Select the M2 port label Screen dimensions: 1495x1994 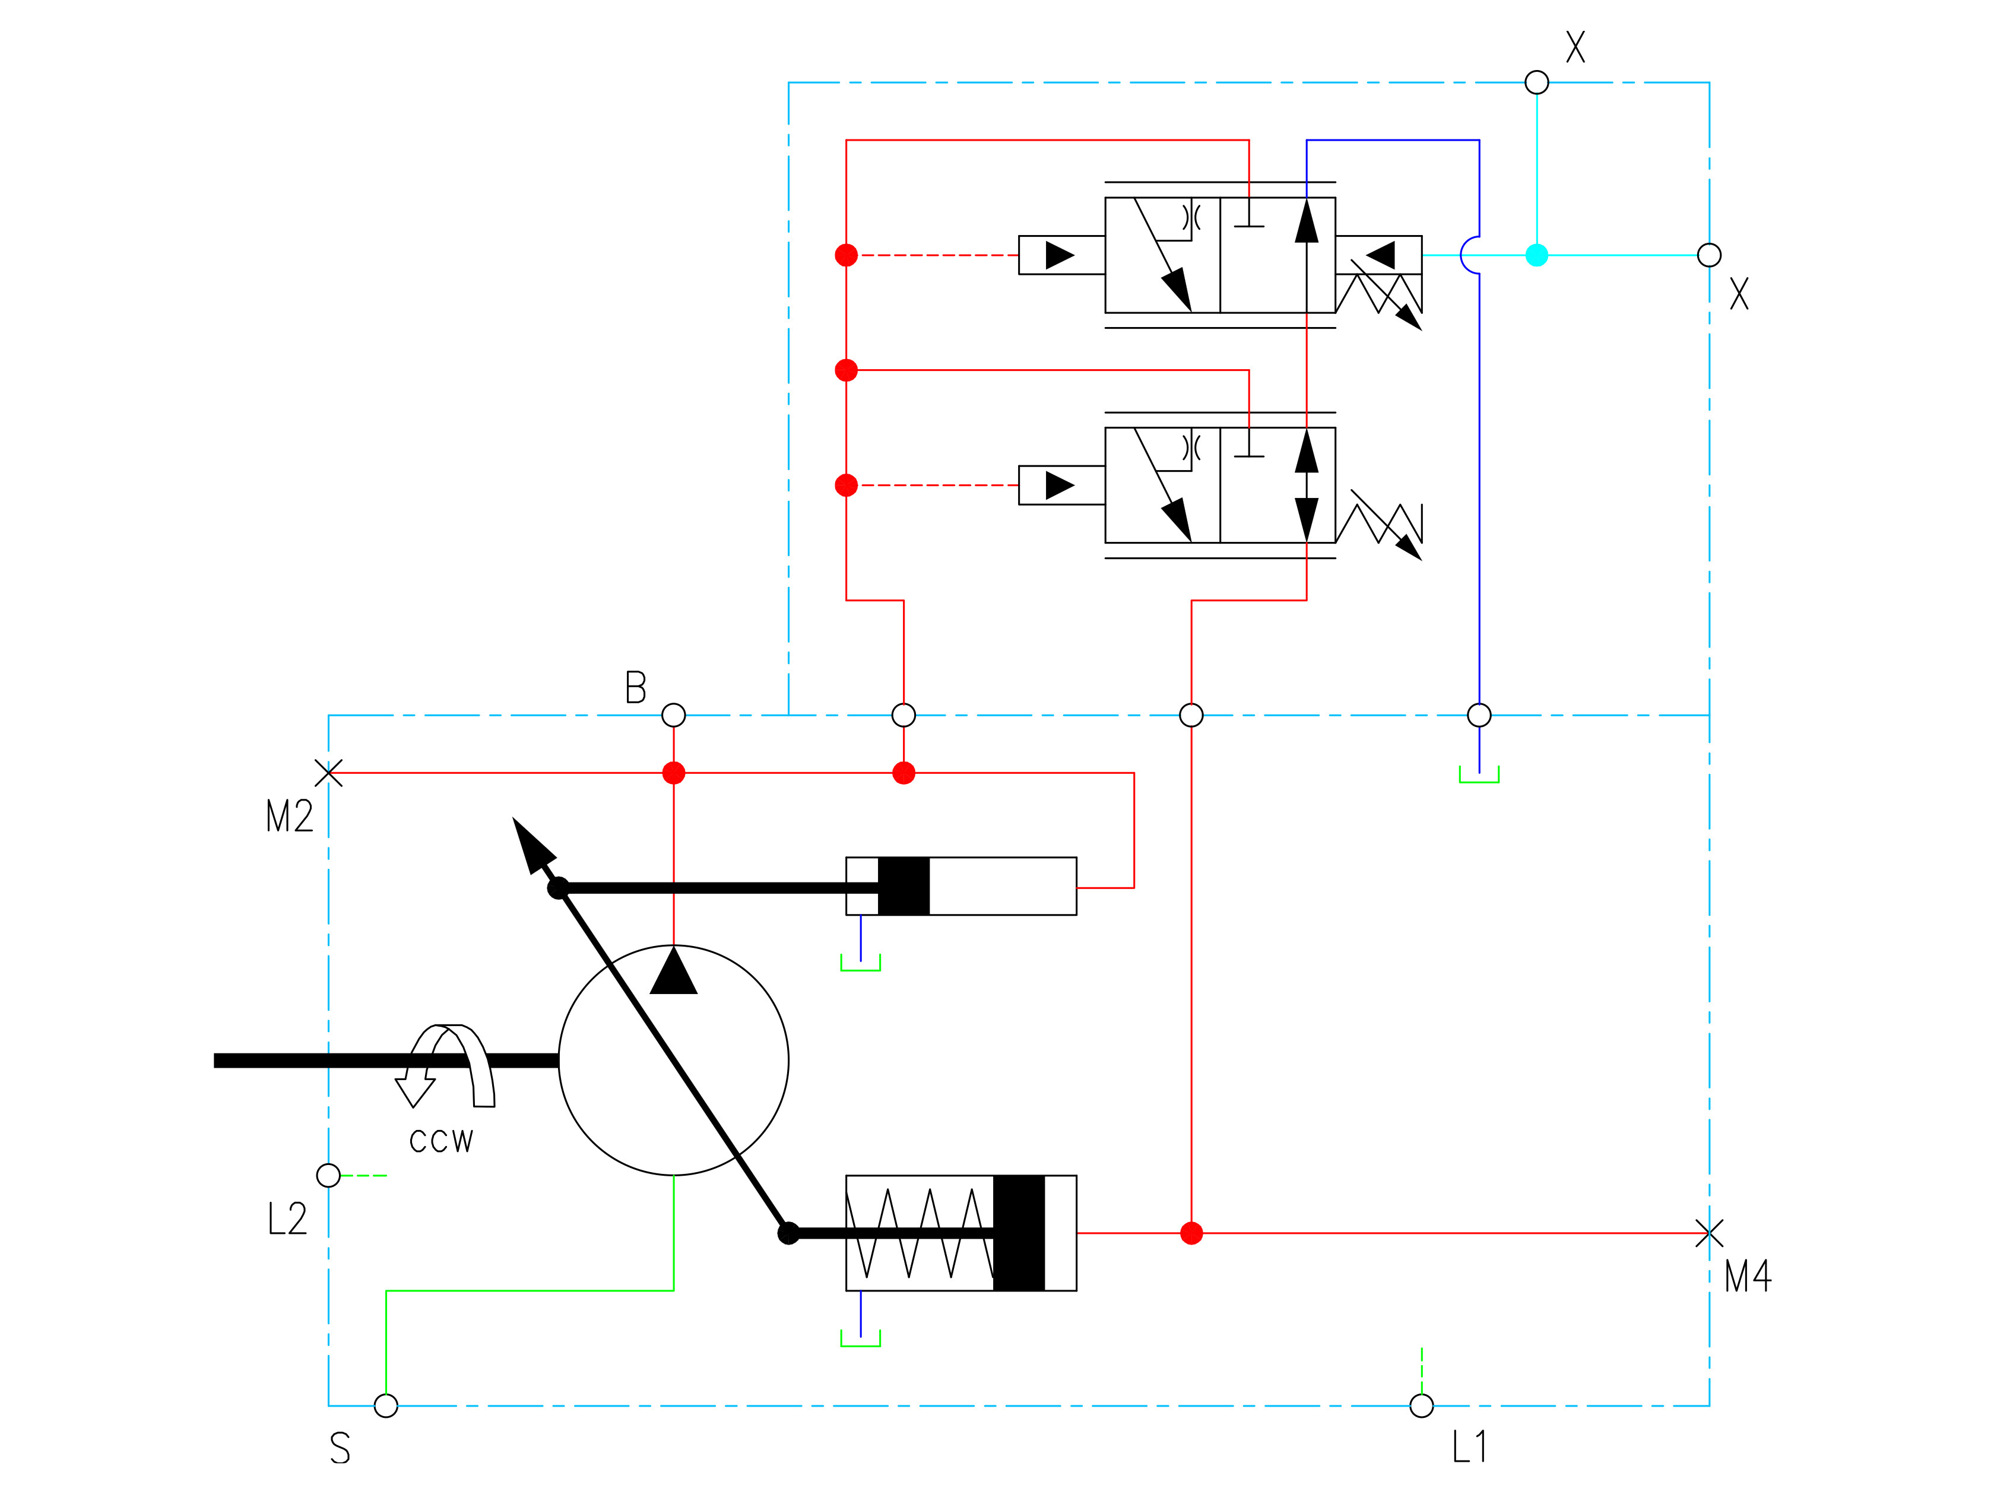pos(289,817)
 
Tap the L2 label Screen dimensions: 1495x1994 pos(287,1218)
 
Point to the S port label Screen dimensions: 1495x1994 pos(340,1448)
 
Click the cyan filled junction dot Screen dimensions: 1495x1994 pos(1537,255)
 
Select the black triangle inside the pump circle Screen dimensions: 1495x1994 pos(673,972)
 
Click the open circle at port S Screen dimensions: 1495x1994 pos(386,1406)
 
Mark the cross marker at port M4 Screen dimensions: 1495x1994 pos(1709,1233)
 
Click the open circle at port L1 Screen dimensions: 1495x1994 pos(1422,1406)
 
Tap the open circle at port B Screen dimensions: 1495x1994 pos(673,716)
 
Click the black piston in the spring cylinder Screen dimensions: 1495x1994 pos(1019,1233)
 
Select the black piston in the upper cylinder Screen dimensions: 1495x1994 pos(904,887)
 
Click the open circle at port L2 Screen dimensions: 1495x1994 pos(329,1175)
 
